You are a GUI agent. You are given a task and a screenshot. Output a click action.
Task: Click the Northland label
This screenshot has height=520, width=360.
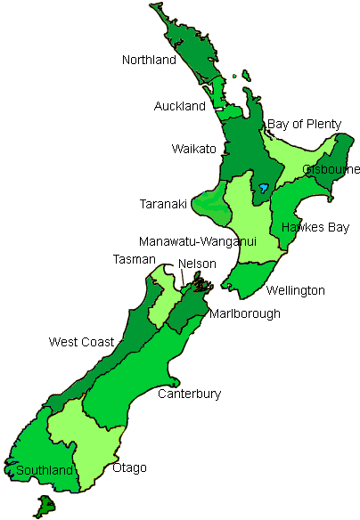(x=150, y=61)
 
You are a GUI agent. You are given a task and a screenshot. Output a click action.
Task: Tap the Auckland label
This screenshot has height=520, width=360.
(x=179, y=106)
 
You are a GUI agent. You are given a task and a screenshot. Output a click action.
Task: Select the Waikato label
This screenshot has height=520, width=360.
(x=194, y=149)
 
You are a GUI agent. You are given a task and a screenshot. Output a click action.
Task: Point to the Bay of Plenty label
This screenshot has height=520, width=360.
(x=304, y=124)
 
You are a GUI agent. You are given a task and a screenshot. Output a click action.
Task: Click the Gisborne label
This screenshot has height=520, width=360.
(x=331, y=169)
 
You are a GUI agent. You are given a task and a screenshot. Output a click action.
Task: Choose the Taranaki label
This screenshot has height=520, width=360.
(x=163, y=204)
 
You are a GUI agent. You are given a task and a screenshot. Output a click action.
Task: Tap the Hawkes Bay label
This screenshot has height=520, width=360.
(x=315, y=227)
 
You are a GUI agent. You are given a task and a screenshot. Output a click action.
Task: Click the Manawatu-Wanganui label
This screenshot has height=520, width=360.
(x=198, y=241)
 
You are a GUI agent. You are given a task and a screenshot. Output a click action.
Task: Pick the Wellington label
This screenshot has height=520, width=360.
(x=296, y=290)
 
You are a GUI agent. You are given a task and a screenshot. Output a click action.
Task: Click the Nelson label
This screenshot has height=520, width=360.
(x=197, y=264)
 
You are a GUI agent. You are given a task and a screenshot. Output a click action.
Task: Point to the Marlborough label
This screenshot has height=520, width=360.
(x=245, y=313)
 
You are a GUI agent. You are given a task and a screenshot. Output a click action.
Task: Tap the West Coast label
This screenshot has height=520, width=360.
(x=81, y=342)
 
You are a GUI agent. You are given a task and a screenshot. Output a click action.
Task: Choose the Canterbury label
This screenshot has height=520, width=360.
(x=189, y=394)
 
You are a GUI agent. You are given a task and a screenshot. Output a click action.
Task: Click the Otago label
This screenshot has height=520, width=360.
(x=129, y=467)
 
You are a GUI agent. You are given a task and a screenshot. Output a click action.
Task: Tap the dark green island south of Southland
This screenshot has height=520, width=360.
(x=42, y=507)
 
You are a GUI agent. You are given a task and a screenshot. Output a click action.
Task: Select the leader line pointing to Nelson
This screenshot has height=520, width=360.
(x=184, y=279)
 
